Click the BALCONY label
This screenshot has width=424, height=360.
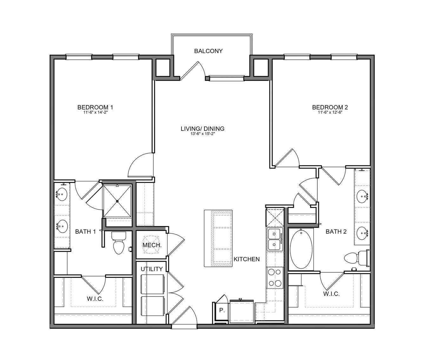(208, 51)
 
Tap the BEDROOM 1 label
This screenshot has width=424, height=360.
(95, 107)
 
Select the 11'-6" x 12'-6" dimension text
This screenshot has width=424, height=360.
(330, 112)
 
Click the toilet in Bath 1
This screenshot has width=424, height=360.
(119, 243)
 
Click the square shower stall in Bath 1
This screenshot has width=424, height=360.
(117, 201)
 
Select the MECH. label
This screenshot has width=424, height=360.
(152, 245)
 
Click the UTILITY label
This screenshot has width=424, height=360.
(152, 269)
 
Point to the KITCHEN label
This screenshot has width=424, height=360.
(247, 259)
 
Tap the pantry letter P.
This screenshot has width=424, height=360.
(222, 310)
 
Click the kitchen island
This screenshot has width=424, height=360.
(218, 238)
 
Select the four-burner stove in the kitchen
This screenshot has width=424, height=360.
(275, 277)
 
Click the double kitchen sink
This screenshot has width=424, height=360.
(275, 239)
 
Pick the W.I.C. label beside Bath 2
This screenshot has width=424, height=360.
(331, 294)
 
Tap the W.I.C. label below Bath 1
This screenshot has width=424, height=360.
(95, 299)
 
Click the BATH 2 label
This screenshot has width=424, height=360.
(336, 231)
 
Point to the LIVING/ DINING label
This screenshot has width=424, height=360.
(202, 129)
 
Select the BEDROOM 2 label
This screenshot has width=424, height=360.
(330, 107)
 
